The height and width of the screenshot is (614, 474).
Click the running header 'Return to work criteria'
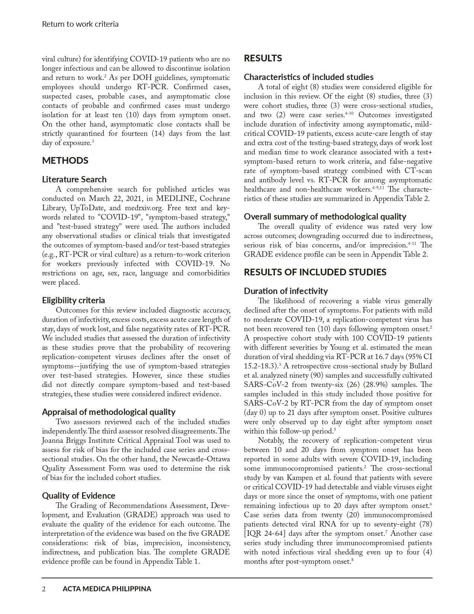point(80,24)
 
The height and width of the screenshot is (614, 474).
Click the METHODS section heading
point(65,161)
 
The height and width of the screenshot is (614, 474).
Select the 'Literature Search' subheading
point(74,179)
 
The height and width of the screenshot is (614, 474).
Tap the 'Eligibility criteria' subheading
point(73,300)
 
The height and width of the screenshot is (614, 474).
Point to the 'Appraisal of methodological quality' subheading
point(109,412)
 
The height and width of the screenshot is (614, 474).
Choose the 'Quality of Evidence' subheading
point(78,496)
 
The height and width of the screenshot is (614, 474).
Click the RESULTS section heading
point(263,58)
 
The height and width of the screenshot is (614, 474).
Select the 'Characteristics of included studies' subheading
point(309,77)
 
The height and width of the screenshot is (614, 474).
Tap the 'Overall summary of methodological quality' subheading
point(325,217)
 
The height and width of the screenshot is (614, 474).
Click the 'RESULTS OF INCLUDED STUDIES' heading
point(315,272)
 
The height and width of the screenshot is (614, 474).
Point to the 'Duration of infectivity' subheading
point(286,291)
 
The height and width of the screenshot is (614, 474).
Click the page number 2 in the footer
point(44,589)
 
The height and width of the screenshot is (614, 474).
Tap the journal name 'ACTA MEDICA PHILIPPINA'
point(107,589)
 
